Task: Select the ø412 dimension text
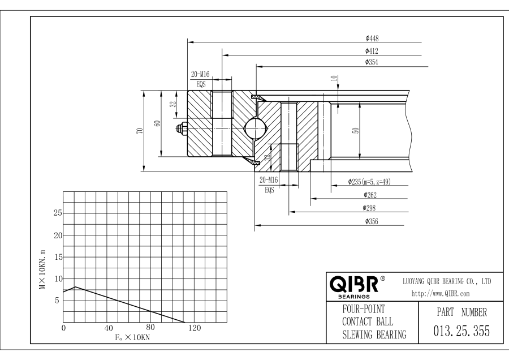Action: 372,51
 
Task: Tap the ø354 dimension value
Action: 372,62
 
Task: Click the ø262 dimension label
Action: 370,195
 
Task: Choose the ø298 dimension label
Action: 370,208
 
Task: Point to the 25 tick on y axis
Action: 57,213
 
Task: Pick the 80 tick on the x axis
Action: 150,328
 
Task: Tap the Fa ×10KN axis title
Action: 130,337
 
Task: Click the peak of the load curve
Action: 76,287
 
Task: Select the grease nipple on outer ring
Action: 182,129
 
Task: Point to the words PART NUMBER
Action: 459,312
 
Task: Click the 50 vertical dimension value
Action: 355,130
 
